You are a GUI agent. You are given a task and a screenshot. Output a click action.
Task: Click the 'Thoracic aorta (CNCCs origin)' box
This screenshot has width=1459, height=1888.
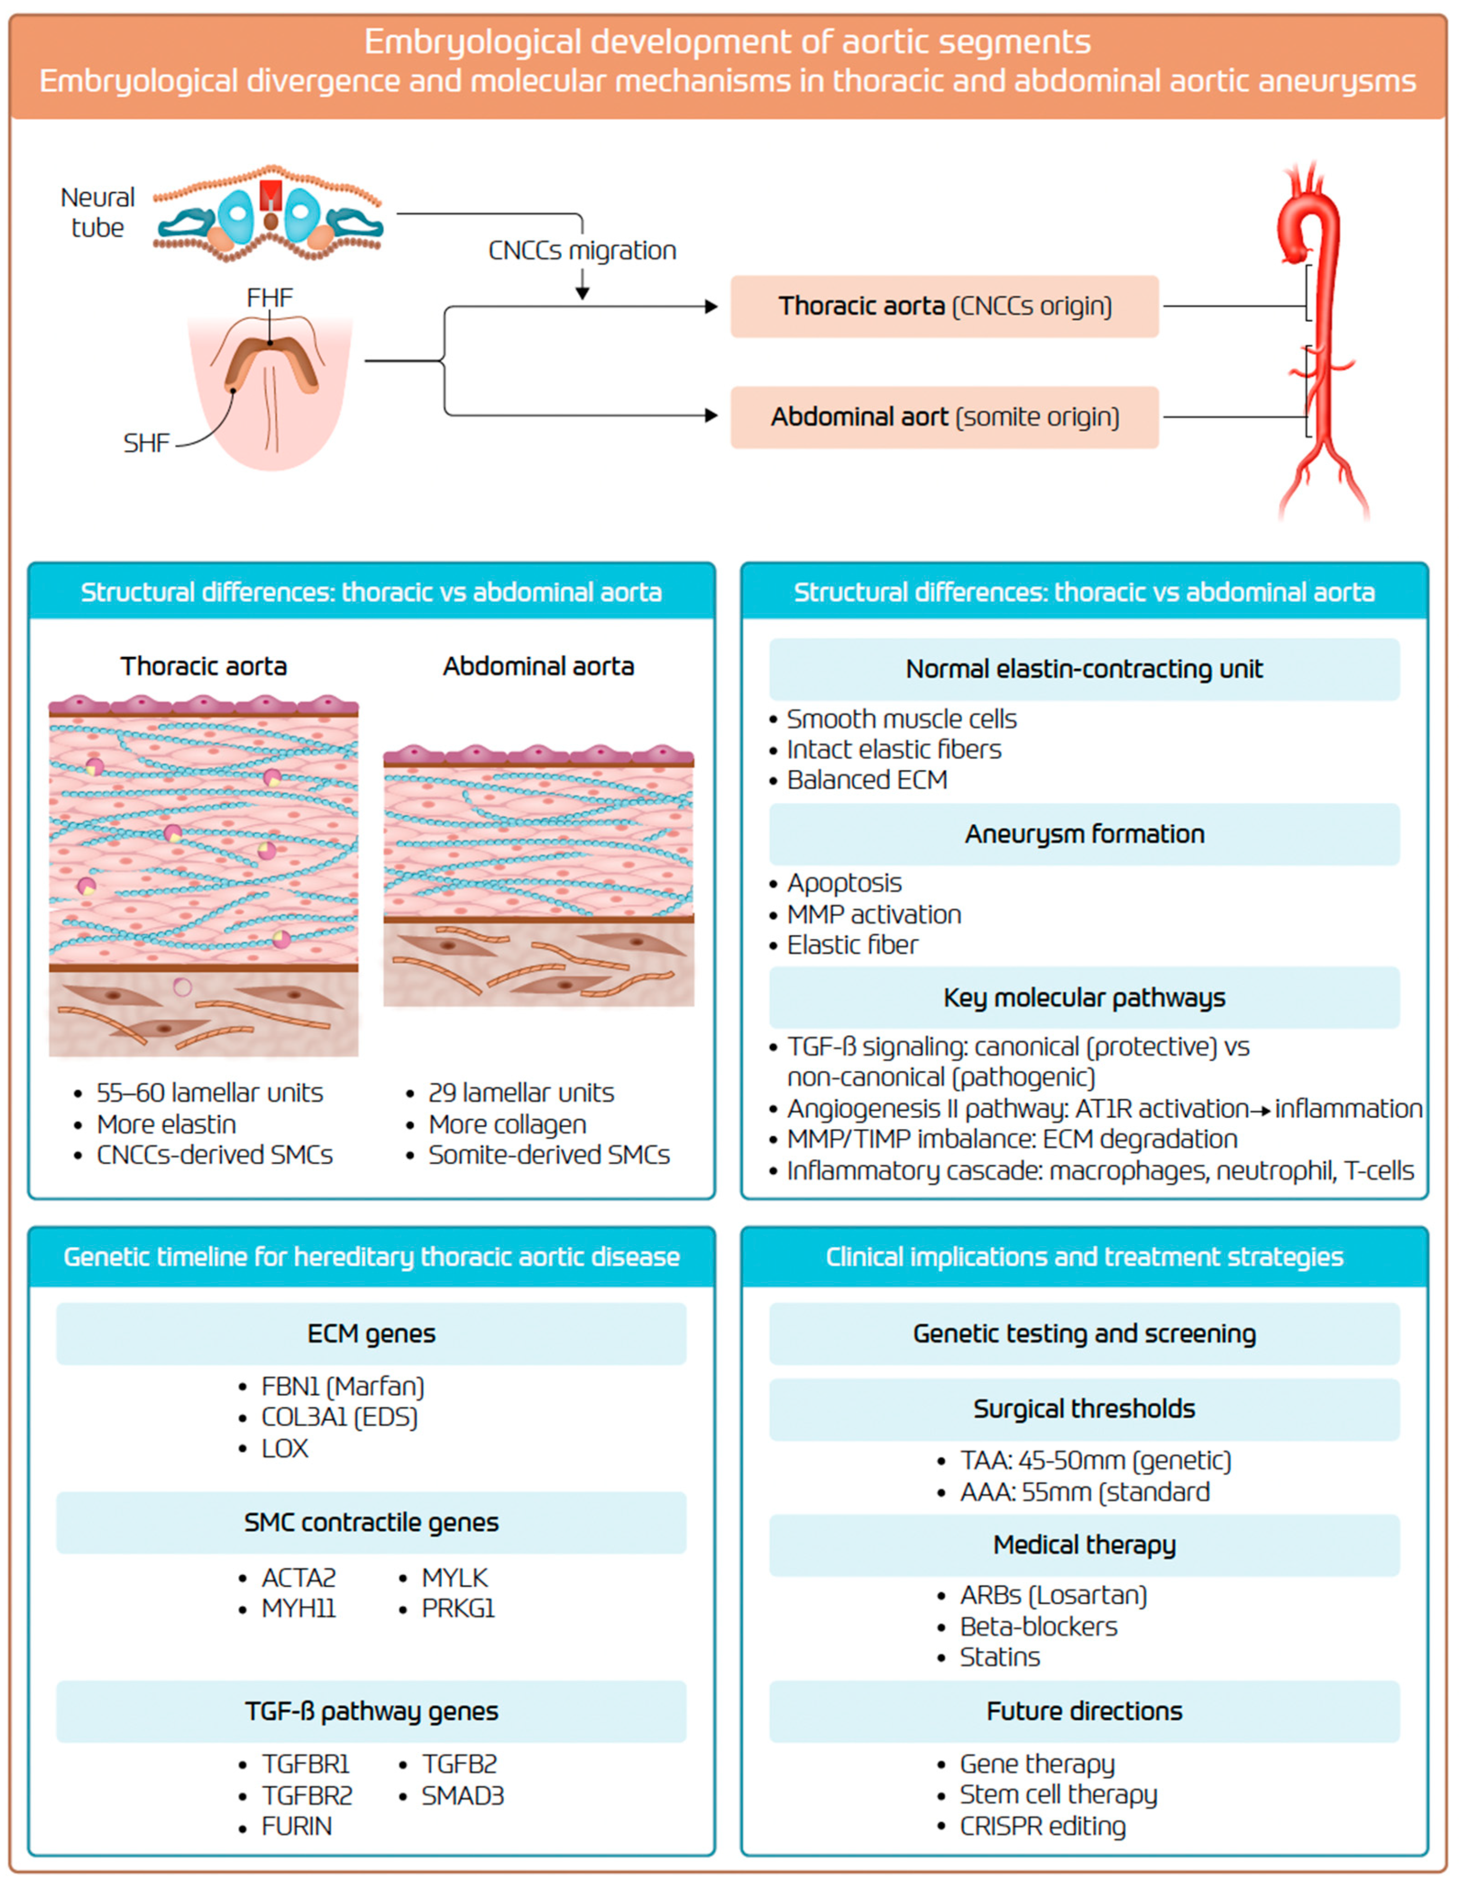(x=944, y=306)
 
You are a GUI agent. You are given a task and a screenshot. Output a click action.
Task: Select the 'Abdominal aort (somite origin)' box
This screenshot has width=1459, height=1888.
(x=944, y=417)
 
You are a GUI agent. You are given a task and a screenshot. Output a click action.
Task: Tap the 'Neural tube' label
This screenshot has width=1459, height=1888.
(x=97, y=212)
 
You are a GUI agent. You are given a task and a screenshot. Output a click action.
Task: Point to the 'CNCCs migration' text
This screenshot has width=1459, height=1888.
(x=582, y=251)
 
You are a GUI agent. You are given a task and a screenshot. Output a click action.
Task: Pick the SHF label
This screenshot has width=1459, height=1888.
(x=145, y=443)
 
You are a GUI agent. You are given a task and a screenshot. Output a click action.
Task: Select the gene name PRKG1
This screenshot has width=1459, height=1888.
(x=457, y=1609)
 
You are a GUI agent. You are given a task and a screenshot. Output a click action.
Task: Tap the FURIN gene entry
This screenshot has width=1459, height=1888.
(x=296, y=1827)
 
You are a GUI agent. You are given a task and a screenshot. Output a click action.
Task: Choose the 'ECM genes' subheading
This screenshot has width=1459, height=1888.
(x=371, y=1334)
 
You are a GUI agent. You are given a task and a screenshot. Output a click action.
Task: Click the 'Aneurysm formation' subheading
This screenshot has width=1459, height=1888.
(x=1084, y=834)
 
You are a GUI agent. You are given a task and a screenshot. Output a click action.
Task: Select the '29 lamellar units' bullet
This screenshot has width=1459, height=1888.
(x=521, y=1093)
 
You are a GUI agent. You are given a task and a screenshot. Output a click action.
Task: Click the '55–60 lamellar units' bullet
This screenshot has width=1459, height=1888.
(x=209, y=1093)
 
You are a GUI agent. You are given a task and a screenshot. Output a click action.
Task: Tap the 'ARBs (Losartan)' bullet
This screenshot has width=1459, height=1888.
(x=1053, y=1595)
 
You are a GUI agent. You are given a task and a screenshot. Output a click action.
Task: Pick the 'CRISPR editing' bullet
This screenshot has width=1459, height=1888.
(x=1042, y=1827)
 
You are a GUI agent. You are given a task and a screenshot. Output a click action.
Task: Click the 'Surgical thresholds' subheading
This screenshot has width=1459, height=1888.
(x=1084, y=1409)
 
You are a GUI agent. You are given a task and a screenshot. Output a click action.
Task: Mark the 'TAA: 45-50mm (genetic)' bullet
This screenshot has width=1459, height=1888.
(x=1095, y=1461)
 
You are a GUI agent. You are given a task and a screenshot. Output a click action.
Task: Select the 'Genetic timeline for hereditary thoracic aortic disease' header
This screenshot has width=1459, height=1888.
(x=371, y=1257)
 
